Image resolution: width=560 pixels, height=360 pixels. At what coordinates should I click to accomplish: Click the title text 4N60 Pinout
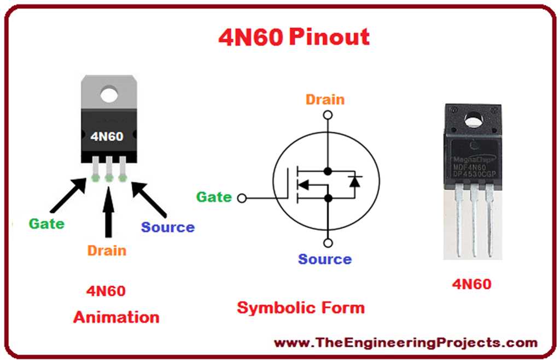coord(294,37)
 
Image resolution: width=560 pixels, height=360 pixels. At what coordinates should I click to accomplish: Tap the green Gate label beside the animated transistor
coord(46,223)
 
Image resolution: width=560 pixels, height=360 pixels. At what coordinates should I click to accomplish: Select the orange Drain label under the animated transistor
coord(107,251)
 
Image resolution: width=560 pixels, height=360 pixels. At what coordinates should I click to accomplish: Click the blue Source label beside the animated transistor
coord(168,227)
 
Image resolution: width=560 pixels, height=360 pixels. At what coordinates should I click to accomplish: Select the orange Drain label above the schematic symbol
coord(325,100)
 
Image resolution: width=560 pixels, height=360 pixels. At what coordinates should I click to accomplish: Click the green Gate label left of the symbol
coord(214,197)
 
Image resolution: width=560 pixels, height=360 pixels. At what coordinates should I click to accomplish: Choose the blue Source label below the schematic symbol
coord(325,259)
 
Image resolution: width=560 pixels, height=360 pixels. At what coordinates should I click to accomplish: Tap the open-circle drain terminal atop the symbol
coord(328,115)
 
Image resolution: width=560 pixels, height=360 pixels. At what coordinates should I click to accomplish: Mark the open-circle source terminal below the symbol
coord(328,243)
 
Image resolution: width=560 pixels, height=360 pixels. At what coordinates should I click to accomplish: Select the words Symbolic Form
coord(300,307)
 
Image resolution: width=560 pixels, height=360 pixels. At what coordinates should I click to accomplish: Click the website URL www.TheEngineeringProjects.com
coord(405,343)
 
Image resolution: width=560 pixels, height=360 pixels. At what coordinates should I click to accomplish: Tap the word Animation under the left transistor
coord(116,317)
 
